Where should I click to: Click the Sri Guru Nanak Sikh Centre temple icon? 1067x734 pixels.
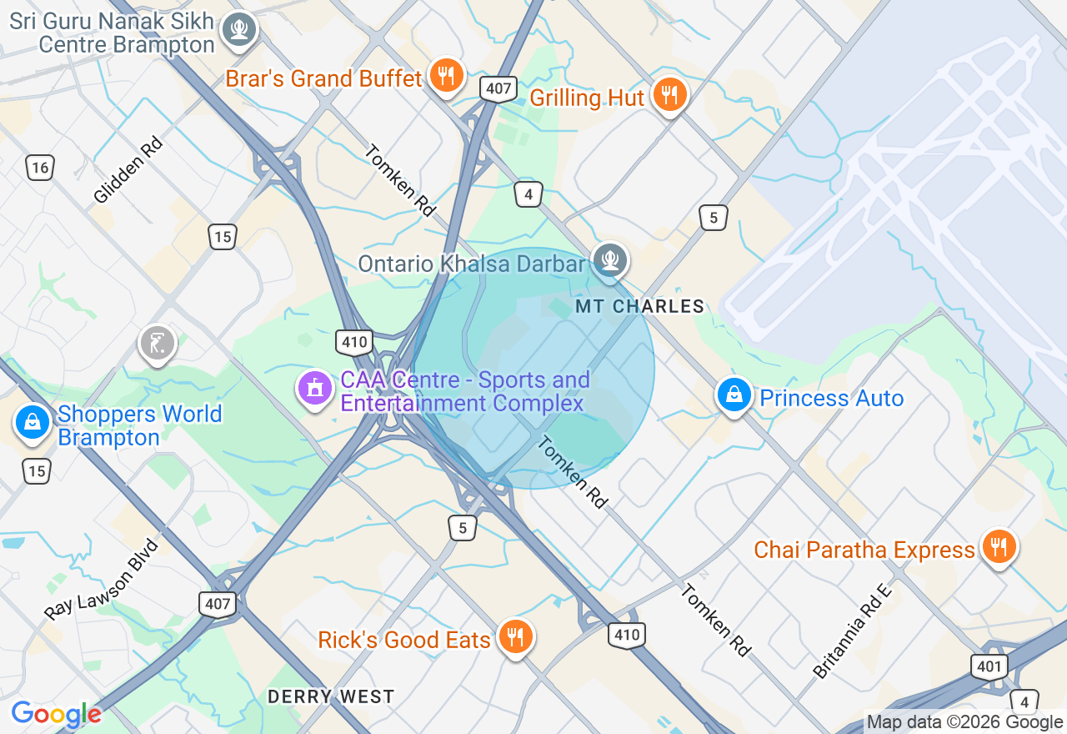click(x=239, y=30)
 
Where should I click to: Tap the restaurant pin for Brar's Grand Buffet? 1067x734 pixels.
click(x=448, y=76)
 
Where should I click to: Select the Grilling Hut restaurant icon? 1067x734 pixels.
click(x=669, y=95)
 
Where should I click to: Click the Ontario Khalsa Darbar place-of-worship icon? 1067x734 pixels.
click(x=610, y=259)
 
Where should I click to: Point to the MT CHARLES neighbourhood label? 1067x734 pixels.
click(x=640, y=307)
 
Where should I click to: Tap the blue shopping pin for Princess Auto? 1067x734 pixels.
click(x=734, y=396)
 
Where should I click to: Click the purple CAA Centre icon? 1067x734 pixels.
click(x=315, y=389)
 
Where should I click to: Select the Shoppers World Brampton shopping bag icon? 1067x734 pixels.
click(x=32, y=423)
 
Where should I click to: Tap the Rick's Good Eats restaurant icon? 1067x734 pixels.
click(x=516, y=638)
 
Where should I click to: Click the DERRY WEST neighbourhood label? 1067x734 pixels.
click(x=331, y=696)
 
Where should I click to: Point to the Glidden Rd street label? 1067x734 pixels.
click(x=128, y=169)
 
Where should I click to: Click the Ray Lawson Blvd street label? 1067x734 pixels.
click(x=101, y=580)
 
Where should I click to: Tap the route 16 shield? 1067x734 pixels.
click(x=39, y=168)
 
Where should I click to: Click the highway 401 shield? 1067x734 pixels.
click(x=989, y=666)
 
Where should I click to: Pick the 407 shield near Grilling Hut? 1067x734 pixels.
click(x=498, y=88)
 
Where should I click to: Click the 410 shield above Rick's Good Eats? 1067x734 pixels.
click(x=627, y=635)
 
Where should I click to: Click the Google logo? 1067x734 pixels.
click(x=56, y=714)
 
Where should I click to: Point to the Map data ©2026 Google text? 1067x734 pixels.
click(x=964, y=722)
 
